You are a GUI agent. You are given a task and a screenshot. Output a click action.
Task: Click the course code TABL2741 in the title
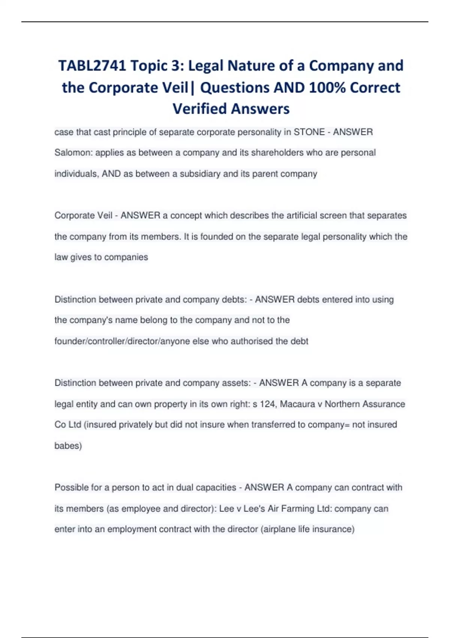coord(92,66)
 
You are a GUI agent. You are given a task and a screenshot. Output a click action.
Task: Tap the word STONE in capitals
coord(309,132)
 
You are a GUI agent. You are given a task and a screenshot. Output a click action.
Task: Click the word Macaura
coord(297,404)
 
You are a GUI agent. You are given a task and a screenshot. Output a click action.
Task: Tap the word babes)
coord(68,446)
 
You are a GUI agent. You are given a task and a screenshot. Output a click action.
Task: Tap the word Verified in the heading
coord(199,109)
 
